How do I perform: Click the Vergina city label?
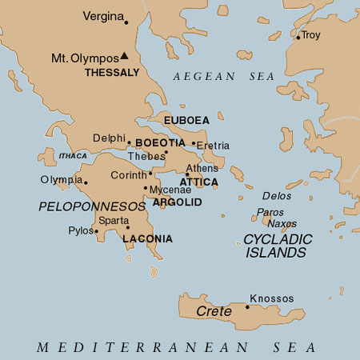(104, 16)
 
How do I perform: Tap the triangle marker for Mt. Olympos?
(125, 57)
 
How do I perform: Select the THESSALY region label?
(112, 72)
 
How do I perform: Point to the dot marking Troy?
(298, 37)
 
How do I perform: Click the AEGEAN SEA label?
(223, 76)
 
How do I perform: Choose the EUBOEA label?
(186, 120)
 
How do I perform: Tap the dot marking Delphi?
(129, 143)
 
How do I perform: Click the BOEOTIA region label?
(161, 142)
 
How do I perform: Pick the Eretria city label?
(214, 146)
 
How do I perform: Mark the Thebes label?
(146, 156)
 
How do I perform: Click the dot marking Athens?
(187, 174)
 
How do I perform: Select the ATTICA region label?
(199, 182)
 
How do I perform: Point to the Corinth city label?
(129, 174)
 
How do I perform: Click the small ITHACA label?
(73, 156)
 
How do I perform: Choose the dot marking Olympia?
(86, 183)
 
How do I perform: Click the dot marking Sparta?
(128, 227)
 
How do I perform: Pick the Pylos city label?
(81, 230)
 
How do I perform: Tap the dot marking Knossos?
(247, 307)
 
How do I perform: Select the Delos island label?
(277, 196)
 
